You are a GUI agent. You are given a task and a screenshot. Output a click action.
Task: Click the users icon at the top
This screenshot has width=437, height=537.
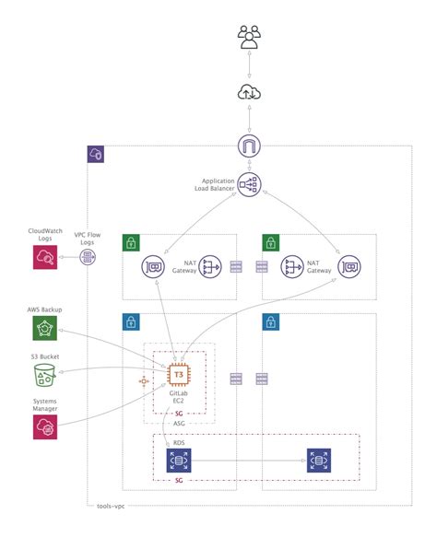tap(249, 38)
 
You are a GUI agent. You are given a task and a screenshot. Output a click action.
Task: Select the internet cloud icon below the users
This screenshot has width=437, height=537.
tap(249, 91)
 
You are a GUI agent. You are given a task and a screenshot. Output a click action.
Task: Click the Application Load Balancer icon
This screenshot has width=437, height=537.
tap(249, 183)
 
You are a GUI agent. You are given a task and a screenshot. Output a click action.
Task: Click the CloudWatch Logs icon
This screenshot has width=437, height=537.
tap(44, 258)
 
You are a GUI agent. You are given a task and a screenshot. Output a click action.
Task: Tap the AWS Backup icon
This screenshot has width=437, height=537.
tap(44, 329)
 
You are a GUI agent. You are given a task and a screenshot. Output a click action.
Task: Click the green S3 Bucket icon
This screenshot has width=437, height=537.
tap(44, 375)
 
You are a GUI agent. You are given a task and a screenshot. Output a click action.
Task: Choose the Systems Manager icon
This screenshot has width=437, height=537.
tap(44, 426)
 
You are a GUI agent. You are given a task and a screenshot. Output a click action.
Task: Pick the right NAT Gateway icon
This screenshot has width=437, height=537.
tap(293, 267)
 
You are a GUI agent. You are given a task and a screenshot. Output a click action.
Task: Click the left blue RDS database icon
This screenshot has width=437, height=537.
tap(178, 461)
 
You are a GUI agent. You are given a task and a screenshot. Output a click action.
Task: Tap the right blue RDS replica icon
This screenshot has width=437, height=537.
tap(319, 461)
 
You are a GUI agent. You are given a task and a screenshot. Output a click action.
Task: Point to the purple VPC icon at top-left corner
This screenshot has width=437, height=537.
tap(96, 154)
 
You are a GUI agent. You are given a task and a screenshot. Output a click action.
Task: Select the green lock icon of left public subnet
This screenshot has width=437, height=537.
tap(132, 243)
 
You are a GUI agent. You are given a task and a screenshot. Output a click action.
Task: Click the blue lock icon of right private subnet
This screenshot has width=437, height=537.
tap(271, 322)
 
